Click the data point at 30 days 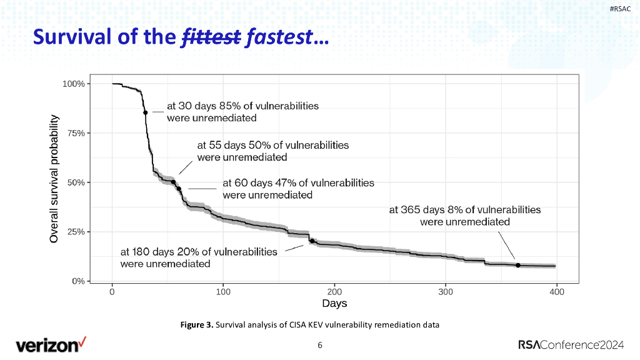tap(145, 112)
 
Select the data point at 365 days tap(518, 265)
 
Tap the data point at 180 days tap(312, 241)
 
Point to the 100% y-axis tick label tap(74, 84)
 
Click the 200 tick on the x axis tap(334, 291)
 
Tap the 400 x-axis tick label tap(557, 291)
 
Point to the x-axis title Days tap(334, 304)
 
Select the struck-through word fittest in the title tap(211, 39)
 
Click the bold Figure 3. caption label tap(196, 324)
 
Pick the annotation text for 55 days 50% tap(272, 151)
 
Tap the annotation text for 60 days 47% tap(298, 189)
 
